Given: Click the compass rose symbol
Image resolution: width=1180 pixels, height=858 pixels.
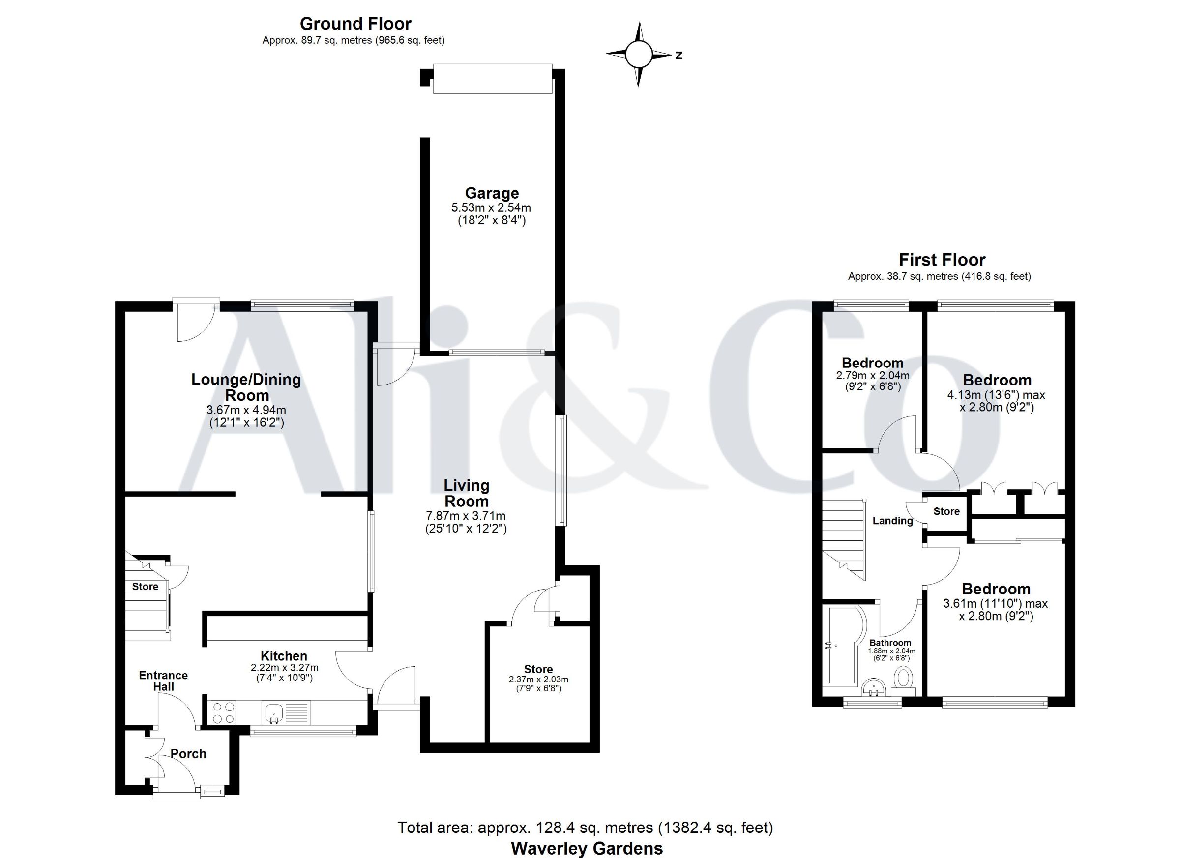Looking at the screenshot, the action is point(638,54).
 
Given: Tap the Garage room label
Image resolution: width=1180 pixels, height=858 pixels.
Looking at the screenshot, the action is point(492,193).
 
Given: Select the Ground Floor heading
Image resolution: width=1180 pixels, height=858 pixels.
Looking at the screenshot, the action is point(355,24).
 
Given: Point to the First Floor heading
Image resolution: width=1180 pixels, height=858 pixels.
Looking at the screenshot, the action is point(942,260).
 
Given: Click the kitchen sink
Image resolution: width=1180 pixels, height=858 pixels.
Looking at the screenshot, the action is point(273,712).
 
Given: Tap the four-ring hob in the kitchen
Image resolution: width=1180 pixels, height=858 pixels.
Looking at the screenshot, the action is point(223,712).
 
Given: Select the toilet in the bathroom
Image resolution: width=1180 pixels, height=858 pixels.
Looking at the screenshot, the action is point(904,680).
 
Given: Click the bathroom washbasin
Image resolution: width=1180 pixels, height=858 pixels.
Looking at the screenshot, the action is point(874,688).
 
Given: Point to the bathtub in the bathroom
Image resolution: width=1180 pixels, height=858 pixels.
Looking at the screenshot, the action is point(843,645).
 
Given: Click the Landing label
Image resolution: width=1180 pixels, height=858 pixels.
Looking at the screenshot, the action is point(892,520).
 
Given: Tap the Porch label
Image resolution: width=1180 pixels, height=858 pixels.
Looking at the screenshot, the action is point(188,753).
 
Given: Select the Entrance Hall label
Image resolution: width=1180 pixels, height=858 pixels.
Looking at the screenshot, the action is point(163,680).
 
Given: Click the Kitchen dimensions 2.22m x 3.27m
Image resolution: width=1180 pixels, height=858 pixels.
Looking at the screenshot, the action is point(285,668).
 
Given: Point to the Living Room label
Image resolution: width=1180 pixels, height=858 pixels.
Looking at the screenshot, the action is point(466,493).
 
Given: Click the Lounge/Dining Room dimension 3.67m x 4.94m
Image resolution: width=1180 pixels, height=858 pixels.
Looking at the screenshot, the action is point(246,410).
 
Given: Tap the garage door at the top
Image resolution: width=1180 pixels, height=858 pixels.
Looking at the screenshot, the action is point(492,79).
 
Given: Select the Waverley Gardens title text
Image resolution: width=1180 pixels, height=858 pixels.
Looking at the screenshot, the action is point(587,848).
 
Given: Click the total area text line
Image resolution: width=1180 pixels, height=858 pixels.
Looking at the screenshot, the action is point(585,828).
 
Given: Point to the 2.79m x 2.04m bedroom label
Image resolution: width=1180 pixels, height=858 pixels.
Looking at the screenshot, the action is point(873,375).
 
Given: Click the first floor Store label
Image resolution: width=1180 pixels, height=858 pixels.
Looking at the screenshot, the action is point(946,511).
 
